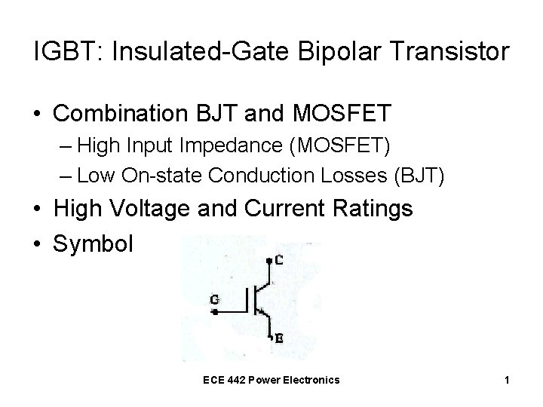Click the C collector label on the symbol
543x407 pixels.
tap(280, 261)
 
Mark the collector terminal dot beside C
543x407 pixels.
tap(269, 261)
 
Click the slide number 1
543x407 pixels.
tap(507, 380)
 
